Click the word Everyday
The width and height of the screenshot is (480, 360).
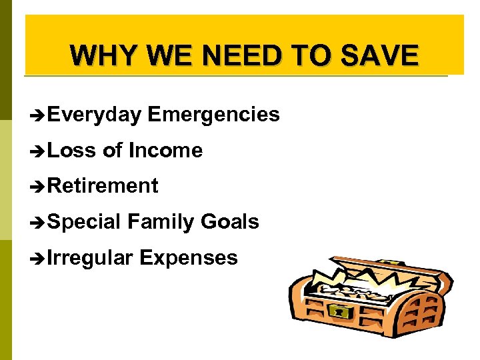[94, 115]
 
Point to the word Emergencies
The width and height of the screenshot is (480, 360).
[213, 115]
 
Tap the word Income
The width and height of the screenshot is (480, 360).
[165, 151]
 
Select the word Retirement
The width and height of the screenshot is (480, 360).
[103, 186]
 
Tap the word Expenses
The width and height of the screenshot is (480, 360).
[189, 257]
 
